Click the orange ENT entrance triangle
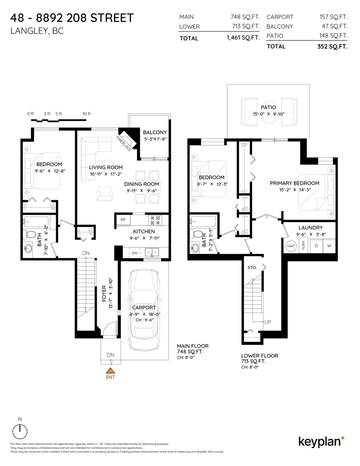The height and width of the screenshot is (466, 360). coord(111,370)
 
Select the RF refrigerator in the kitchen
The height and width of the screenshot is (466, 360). coord(123,220)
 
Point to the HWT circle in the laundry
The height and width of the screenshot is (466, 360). coord(290,246)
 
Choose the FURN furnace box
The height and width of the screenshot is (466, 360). coord(303,246)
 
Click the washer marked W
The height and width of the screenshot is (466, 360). coord(329,246)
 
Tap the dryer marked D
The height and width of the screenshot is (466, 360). coord(316,246)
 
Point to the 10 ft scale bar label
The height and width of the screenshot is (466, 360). coord(86,114)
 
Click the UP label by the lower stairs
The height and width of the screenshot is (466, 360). coord(268,322)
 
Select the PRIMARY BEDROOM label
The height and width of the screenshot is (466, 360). coord(295,183)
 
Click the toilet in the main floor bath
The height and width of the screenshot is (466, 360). coord(30,235)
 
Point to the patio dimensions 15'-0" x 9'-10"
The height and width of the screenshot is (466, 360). coord(268,114)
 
